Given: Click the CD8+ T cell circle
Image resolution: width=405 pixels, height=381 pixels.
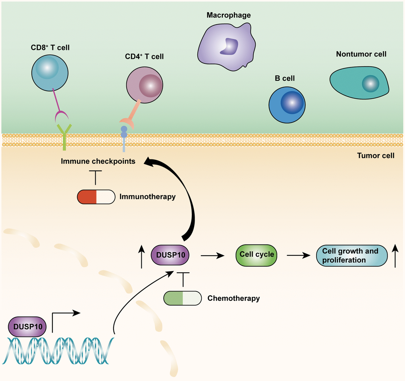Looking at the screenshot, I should coord(50,73).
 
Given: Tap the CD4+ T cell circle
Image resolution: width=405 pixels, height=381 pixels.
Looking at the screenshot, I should coord(145,84).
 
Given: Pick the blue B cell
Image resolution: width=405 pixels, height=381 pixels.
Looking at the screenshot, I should coord(287,105).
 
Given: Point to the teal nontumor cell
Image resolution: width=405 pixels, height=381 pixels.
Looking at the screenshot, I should coord(359,82).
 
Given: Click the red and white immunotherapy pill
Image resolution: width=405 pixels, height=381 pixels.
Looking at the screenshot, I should coord(96,196).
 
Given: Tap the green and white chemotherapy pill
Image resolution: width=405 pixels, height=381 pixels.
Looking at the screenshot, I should coord(183,298).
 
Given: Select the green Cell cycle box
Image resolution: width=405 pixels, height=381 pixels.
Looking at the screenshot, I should coord(256,255).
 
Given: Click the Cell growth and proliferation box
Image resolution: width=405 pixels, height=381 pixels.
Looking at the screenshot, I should coord(350,255).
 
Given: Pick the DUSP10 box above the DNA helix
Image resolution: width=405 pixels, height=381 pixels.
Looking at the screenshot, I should coord(27,327).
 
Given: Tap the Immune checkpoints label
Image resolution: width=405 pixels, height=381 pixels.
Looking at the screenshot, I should coord(98,161).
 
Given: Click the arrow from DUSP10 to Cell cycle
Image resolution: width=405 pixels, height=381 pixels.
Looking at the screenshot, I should coord(212,256).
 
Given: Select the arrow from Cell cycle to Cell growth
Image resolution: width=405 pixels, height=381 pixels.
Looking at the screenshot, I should coord(298,256).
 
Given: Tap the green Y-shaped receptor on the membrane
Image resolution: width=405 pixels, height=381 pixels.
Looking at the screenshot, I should coord(64,135).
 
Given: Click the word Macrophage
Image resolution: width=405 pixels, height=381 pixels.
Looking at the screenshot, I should coord(228,15).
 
